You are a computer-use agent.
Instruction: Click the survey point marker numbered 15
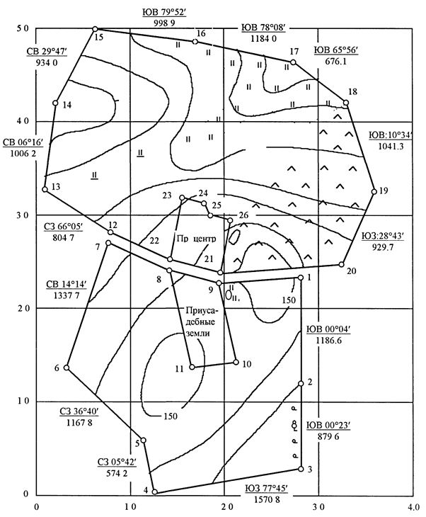(95, 29)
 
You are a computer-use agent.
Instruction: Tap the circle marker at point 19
(374, 191)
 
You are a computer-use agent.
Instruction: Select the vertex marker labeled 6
(67, 368)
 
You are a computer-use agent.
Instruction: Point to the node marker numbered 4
(155, 492)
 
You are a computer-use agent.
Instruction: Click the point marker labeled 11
(192, 367)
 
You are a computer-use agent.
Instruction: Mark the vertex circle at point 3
(301, 469)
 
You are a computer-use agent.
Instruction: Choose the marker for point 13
(45, 189)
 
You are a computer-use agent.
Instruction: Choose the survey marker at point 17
(293, 63)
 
